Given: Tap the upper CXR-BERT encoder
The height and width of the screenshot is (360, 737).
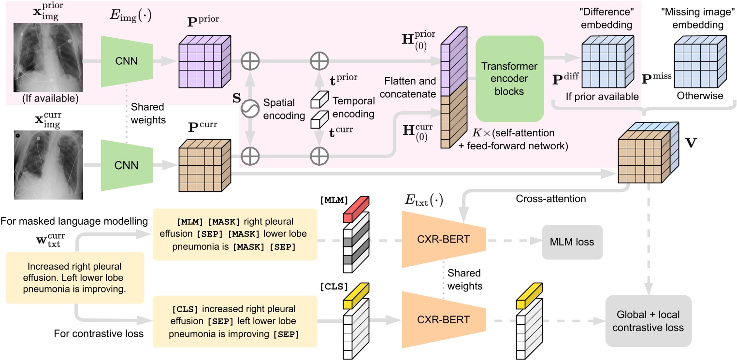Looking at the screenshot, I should point(431,238).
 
